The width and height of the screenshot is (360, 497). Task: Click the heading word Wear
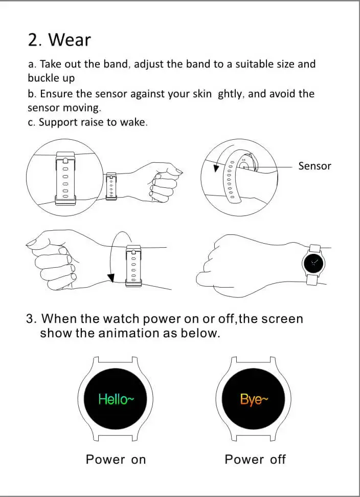tap(70, 40)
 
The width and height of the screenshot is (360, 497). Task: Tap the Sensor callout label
tap(314, 166)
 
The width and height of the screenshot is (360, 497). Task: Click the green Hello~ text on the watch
tap(116, 399)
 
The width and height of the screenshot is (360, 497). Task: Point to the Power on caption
tap(116, 459)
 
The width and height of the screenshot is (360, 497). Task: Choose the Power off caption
tap(255, 459)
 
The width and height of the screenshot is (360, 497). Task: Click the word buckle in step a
tap(43, 78)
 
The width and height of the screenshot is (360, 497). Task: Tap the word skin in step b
tap(202, 94)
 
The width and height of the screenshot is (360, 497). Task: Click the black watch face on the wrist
tap(313, 263)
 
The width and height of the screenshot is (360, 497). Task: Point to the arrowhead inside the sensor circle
tap(216, 168)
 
